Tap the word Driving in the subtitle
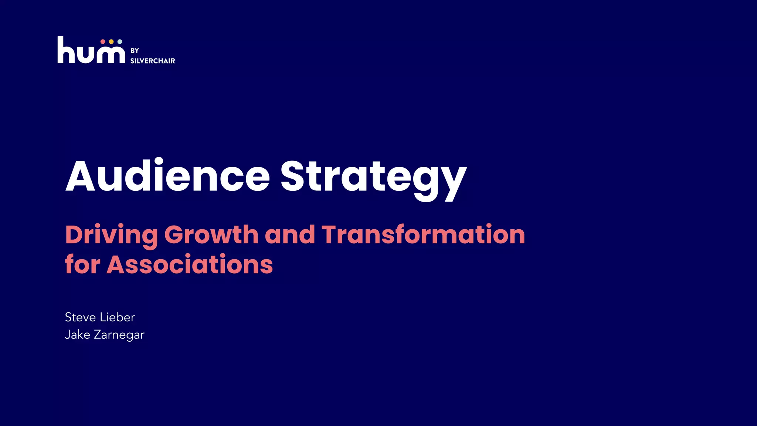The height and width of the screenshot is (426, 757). (x=111, y=235)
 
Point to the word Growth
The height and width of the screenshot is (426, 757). (x=211, y=235)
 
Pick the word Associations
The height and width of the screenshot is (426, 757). (x=190, y=265)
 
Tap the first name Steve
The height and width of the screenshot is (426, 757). (x=80, y=317)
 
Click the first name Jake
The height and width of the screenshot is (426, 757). (x=77, y=335)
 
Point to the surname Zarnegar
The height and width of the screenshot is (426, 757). (x=119, y=335)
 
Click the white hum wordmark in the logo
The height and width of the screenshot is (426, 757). (x=91, y=52)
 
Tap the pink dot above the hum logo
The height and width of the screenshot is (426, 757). (x=103, y=42)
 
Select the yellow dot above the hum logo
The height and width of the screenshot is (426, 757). (x=111, y=42)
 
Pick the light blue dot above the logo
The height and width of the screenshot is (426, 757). (x=120, y=42)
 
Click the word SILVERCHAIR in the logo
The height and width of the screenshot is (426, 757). (x=153, y=61)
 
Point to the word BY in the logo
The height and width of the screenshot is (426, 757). (x=135, y=51)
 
